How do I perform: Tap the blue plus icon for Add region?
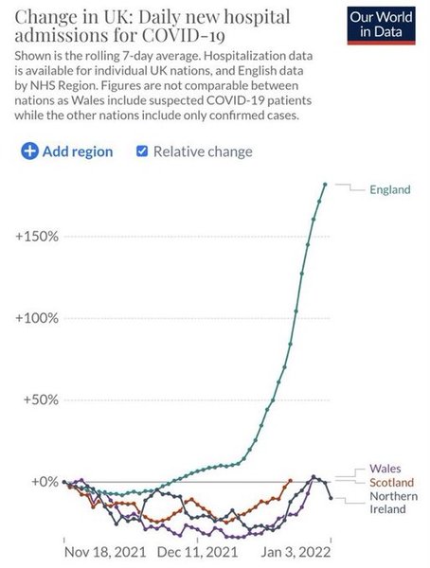(x=29, y=151)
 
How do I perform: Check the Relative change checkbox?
(x=143, y=151)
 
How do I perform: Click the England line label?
(x=388, y=189)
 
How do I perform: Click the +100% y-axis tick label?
(x=38, y=317)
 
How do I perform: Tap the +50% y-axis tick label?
(x=41, y=399)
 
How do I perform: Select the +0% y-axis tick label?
(x=44, y=481)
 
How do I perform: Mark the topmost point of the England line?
(x=325, y=184)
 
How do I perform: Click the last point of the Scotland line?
(x=289, y=480)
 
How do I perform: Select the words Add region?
(x=79, y=151)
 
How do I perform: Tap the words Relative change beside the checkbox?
(x=203, y=151)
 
